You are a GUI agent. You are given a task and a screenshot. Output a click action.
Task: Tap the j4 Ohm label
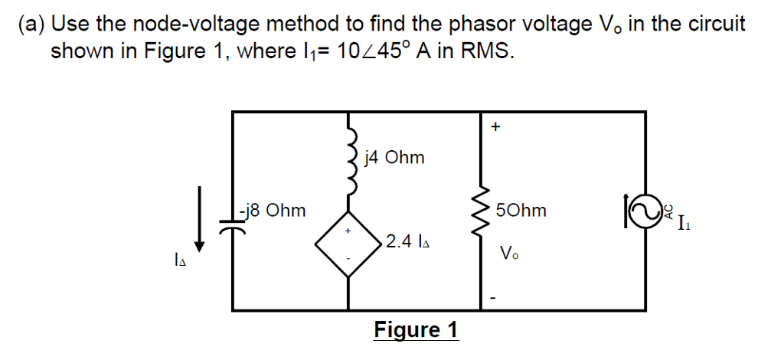coord(395,159)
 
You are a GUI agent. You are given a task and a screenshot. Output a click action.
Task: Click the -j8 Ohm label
coord(272,210)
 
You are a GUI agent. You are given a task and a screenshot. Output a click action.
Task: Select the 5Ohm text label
coord(521,211)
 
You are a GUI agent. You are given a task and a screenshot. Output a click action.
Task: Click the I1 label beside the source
coord(684,224)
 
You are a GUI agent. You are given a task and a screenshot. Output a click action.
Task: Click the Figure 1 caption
coord(416,330)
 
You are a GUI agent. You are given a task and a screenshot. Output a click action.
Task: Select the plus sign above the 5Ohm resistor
coord(495,127)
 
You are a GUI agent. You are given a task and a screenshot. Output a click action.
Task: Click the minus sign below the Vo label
coord(494,296)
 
